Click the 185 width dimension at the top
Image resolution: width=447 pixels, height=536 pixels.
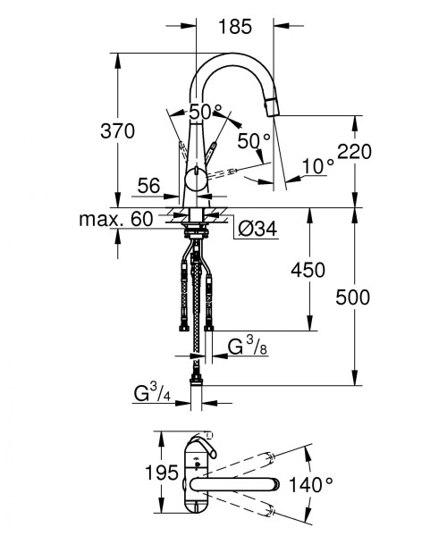tap(235, 26)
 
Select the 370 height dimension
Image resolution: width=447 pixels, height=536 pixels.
tap(118, 131)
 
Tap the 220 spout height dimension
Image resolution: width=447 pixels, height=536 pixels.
tap(354, 152)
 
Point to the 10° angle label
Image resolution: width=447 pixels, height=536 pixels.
tap(318, 166)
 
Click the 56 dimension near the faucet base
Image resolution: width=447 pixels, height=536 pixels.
tap(148, 186)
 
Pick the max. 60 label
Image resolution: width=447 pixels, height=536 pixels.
tap(116, 219)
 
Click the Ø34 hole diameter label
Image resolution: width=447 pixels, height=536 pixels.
tap(257, 229)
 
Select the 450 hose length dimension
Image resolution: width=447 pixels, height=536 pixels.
tap(308, 270)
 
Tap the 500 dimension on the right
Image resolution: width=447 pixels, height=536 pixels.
tap(352, 297)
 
